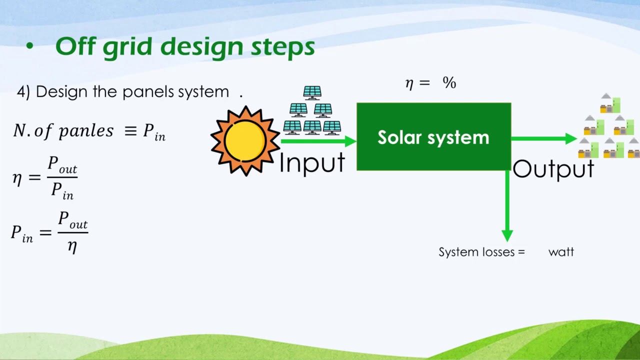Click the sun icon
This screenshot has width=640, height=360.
click(245, 141)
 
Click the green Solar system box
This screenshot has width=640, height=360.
click(433, 137)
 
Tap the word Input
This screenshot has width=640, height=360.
click(312, 163)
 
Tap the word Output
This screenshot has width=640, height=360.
click(553, 169)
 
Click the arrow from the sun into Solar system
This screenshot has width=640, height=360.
click(318, 141)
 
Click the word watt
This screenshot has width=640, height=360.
click(561, 252)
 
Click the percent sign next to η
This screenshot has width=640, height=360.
click(449, 83)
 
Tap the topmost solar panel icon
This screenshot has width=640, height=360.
click(312, 93)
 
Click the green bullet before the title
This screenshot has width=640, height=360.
click(29, 47)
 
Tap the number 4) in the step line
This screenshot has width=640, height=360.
click(24, 91)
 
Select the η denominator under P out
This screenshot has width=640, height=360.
click(72, 246)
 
